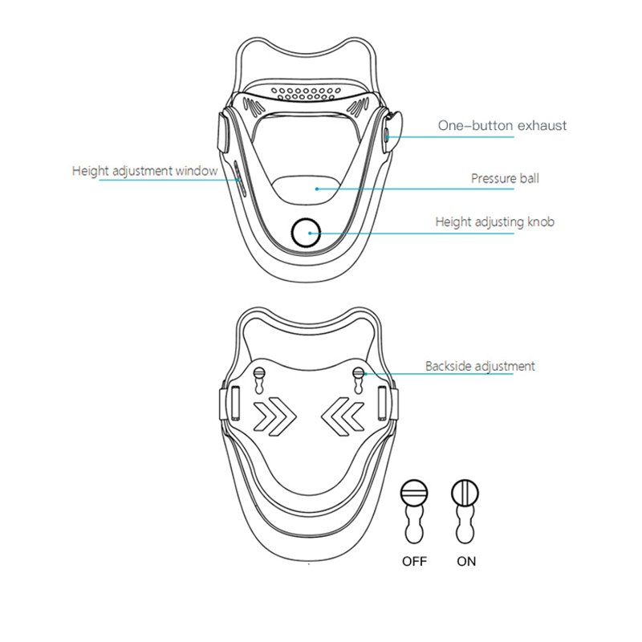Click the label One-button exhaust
pyautogui.click(x=502, y=125)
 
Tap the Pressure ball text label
pyautogui.click(x=505, y=178)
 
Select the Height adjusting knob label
pyautogui.click(x=494, y=222)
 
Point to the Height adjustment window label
pyautogui.click(x=145, y=171)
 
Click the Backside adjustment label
pyautogui.click(x=480, y=366)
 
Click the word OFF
pyautogui.click(x=414, y=561)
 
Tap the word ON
pyautogui.click(x=466, y=561)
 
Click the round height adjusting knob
pyautogui.click(x=306, y=233)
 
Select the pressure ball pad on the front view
pyautogui.click(x=306, y=190)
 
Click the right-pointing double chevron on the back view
pyautogui.click(x=274, y=416)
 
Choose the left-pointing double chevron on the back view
pyautogui.click(x=343, y=416)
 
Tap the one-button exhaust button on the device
pyautogui.click(x=387, y=134)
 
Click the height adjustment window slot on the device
pyautogui.click(x=239, y=179)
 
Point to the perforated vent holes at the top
pyautogui.click(x=306, y=94)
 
